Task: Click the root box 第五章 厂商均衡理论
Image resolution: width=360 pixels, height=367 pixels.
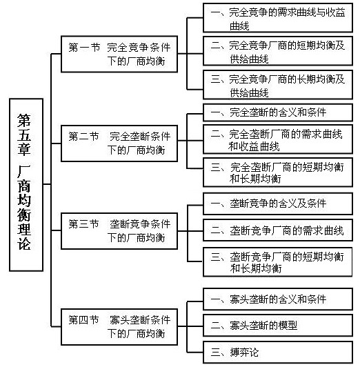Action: pos(26,185)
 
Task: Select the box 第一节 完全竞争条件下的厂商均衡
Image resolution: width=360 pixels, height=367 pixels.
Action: pos(119,54)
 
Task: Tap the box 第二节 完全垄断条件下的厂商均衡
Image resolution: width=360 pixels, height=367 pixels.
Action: pos(119,143)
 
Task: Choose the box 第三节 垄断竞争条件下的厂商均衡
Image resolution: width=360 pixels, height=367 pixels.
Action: pos(119,231)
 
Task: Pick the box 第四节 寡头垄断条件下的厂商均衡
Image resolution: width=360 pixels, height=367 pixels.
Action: pos(119,327)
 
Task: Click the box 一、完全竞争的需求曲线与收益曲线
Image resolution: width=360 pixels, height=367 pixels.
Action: pos(278,18)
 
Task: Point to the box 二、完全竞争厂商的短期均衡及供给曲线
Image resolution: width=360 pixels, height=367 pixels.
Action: pos(278,51)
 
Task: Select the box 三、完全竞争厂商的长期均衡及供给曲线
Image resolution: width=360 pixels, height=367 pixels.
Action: pos(278,85)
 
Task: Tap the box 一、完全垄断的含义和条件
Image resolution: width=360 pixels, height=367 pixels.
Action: pos(278,112)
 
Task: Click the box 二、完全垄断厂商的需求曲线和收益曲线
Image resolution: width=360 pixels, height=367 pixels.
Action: pos(278,139)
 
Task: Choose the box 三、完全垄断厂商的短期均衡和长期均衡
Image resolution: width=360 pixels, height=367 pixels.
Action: pos(278,172)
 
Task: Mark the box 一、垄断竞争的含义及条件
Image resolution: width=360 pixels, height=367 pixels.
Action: pos(278,204)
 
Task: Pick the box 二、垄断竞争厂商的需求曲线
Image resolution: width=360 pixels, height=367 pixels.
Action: pos(278,230)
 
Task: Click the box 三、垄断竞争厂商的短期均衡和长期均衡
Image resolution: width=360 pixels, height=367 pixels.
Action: pos(278,262)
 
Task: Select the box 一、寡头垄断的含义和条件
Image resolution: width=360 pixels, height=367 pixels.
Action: pos(278,299)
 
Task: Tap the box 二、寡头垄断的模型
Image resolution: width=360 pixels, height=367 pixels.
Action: pos(278,326)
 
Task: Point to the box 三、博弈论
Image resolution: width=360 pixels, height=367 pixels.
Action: pos(278,353)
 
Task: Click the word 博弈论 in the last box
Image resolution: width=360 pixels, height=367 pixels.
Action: pos(244,353)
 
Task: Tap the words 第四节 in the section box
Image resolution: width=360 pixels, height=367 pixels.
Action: pos(83,319)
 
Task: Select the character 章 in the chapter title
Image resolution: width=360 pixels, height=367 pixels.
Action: pos(24,149)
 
